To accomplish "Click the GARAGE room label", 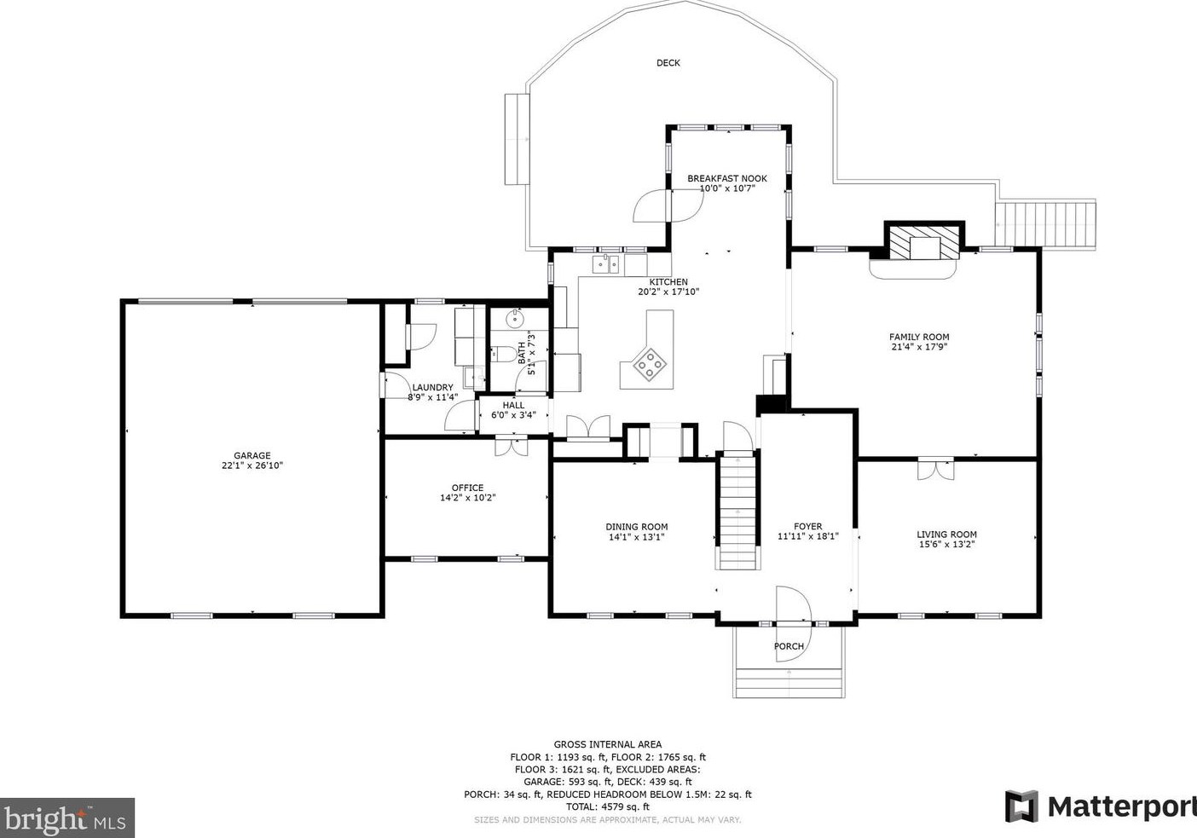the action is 252,455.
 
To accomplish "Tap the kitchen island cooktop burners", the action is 650,365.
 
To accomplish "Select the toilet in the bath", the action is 503,353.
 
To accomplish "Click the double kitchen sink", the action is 605,264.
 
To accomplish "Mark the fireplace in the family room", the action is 924,242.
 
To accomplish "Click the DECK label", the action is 668,63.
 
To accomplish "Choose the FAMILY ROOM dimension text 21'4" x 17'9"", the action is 919,347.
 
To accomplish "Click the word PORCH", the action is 789,646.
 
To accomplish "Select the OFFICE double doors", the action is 512,446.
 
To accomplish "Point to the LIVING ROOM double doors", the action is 936,469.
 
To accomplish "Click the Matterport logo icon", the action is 1021,806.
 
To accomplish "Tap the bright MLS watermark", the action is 66,818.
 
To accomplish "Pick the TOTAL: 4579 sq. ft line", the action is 608,807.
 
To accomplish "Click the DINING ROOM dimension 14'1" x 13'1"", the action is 637,537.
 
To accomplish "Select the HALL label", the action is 513,405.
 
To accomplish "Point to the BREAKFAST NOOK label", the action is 726,178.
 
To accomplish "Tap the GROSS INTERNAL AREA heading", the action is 608,744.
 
